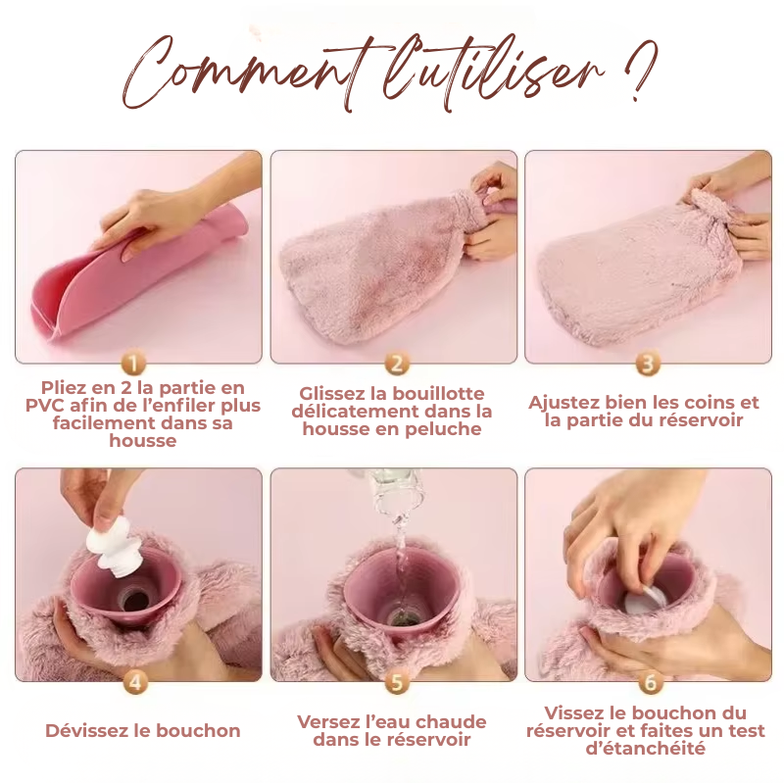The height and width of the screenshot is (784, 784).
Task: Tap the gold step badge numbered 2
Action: (396, 364)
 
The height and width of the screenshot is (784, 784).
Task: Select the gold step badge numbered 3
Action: (647, 364)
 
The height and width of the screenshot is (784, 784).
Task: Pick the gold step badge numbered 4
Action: (136, 681)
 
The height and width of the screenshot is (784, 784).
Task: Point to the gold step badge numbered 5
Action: (396, 681)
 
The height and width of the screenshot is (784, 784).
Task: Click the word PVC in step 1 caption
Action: (45, 406)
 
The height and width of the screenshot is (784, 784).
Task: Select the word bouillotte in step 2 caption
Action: (439, 394)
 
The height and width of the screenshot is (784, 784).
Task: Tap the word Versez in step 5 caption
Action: (330, 722)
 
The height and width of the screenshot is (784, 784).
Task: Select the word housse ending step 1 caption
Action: (143, 441)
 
